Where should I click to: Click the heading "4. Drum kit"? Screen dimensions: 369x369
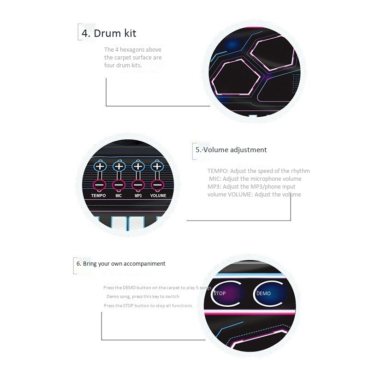coord(109,33)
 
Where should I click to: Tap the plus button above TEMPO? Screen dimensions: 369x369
coord(100,166)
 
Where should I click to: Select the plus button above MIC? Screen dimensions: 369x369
coord(119,166)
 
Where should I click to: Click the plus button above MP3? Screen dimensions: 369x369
coord(138,166)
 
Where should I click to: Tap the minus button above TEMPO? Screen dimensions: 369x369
coord(100,185)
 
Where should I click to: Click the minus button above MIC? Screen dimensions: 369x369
coord(119,185)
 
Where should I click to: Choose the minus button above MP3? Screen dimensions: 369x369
coord(138,185)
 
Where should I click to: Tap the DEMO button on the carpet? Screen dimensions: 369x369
coord(267,294)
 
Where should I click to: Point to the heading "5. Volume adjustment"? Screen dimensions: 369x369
coord(231,149)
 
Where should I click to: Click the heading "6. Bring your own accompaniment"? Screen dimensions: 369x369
coord(121,264)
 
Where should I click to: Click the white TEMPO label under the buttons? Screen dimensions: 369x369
coord(98,196)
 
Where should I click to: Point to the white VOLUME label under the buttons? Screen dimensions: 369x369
coord(158,196)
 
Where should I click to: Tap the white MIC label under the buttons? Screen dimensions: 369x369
coord(119,196)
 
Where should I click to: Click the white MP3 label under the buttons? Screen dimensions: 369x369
coord(138,196)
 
